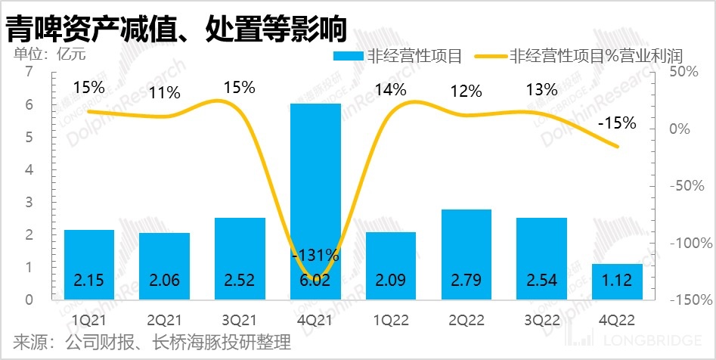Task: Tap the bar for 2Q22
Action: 466,253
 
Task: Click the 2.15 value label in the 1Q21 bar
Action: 89,281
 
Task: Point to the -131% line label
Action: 315,255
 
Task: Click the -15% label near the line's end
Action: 616,122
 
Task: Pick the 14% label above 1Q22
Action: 391,91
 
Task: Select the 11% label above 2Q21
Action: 164,93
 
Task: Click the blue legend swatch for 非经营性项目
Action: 348,56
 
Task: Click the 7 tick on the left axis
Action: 29,72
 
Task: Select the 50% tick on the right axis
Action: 689,72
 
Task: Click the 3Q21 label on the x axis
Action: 240,318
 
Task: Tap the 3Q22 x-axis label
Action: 541,318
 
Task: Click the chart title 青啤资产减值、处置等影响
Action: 175,28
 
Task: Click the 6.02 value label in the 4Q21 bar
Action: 315,281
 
